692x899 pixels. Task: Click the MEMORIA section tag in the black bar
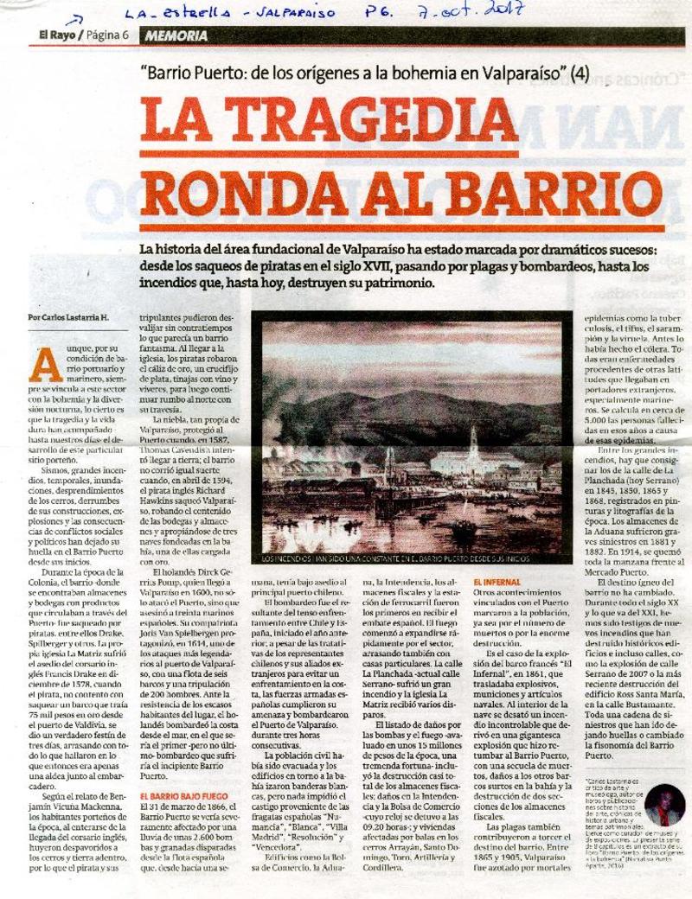point(176,36)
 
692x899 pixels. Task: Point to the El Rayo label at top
point(55,35)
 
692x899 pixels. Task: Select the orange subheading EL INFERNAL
point(496,582)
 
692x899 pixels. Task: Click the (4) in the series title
point(580,75)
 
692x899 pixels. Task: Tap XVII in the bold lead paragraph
point(436,267)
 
